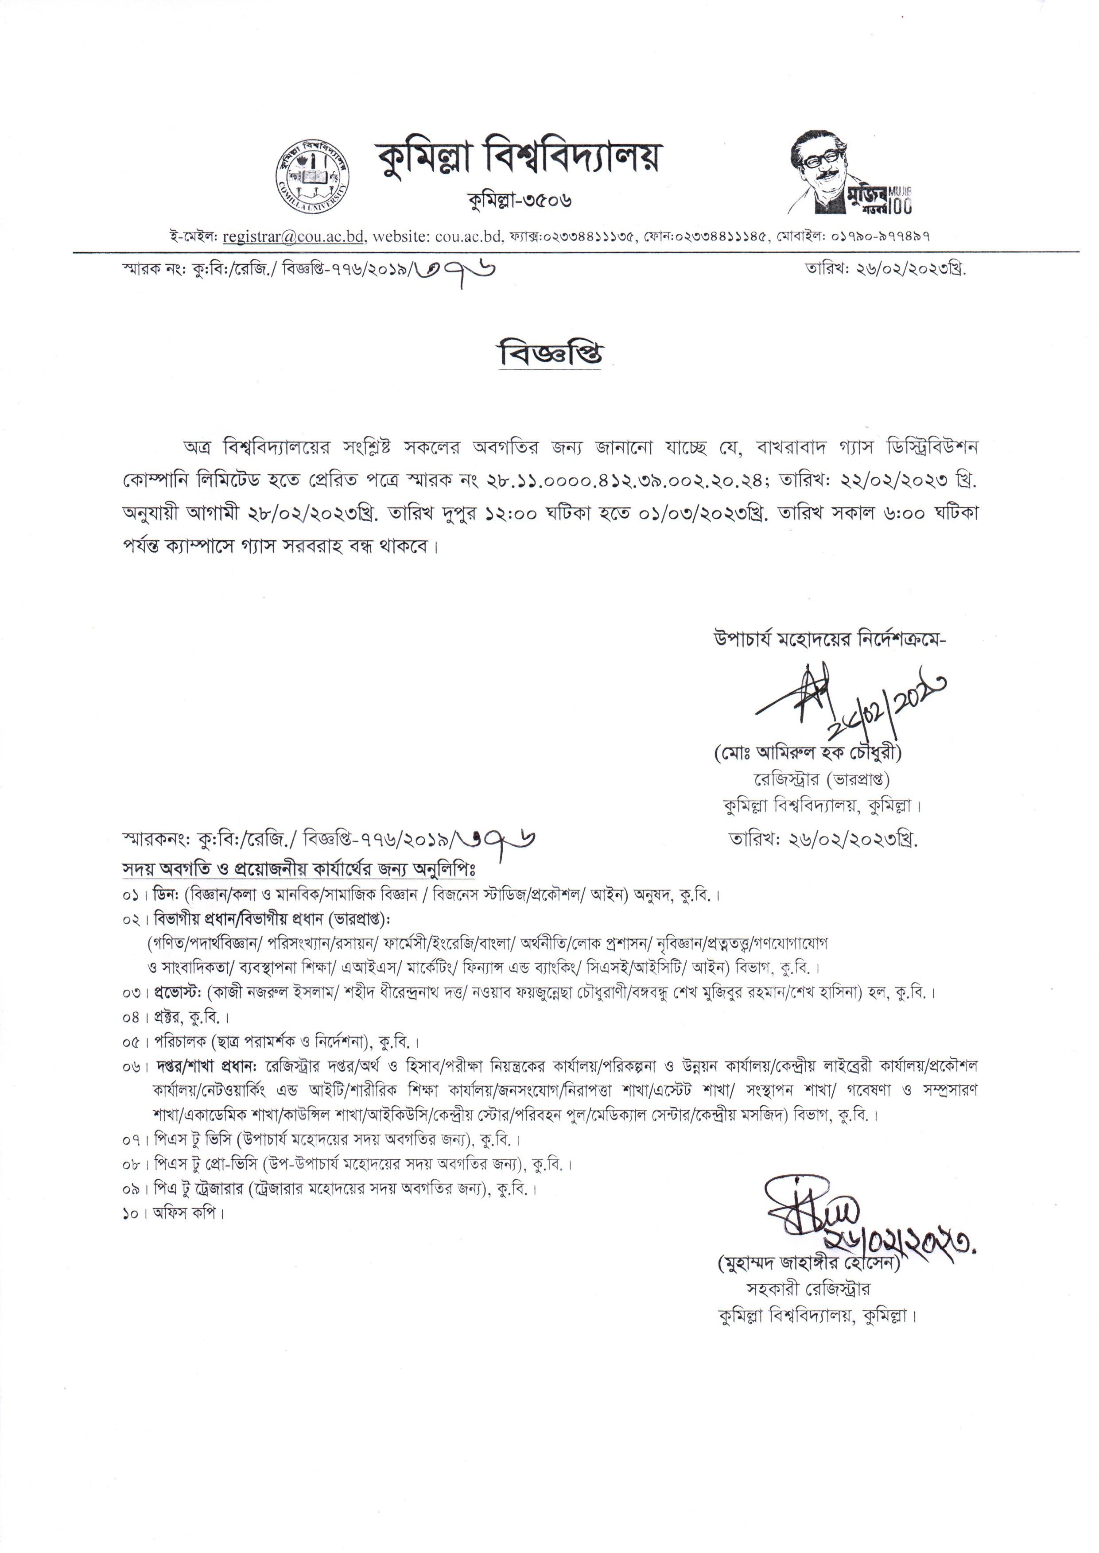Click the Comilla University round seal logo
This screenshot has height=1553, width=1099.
coord(313,172)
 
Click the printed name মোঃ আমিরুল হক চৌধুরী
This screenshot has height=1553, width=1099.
coord(808,752)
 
